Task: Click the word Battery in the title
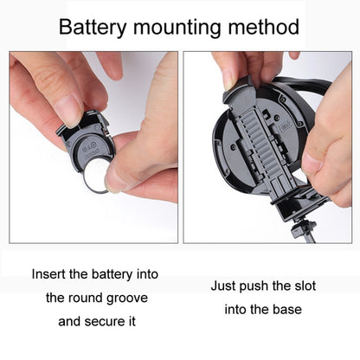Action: coord(93,28)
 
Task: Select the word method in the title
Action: coord(264,27)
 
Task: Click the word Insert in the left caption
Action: coord(49,273)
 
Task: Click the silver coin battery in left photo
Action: coord(97,177)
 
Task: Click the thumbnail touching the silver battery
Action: coord(113,179)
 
